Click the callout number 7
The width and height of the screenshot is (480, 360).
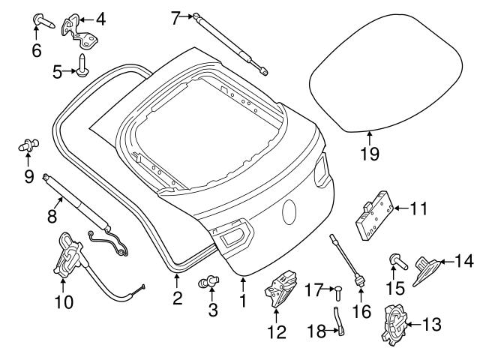(x=175, y=17)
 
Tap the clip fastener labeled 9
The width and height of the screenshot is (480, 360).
(x=31, y=145)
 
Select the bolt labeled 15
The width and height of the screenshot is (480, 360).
(x=395, y=262)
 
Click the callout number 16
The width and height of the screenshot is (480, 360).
(x=361, y=310)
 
